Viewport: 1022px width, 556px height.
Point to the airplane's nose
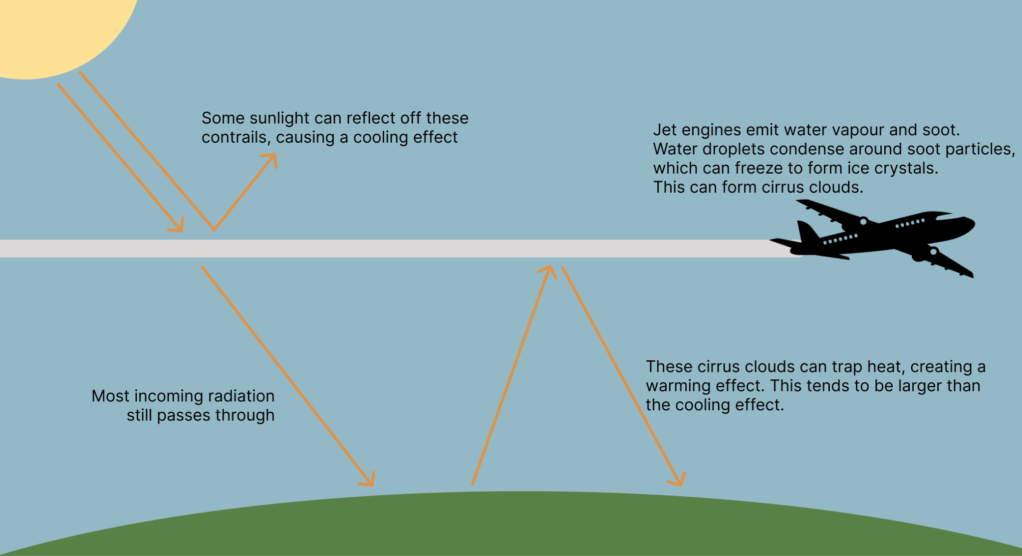pos(971,223)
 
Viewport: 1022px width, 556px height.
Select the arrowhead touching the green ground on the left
pos(369,480)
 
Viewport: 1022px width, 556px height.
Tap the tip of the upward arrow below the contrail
pos(548,269)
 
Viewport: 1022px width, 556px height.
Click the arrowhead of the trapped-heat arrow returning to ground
pos(679,481)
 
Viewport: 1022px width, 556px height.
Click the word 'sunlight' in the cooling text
pos(280,118)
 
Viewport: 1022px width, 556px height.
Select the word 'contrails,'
pos(236,137)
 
